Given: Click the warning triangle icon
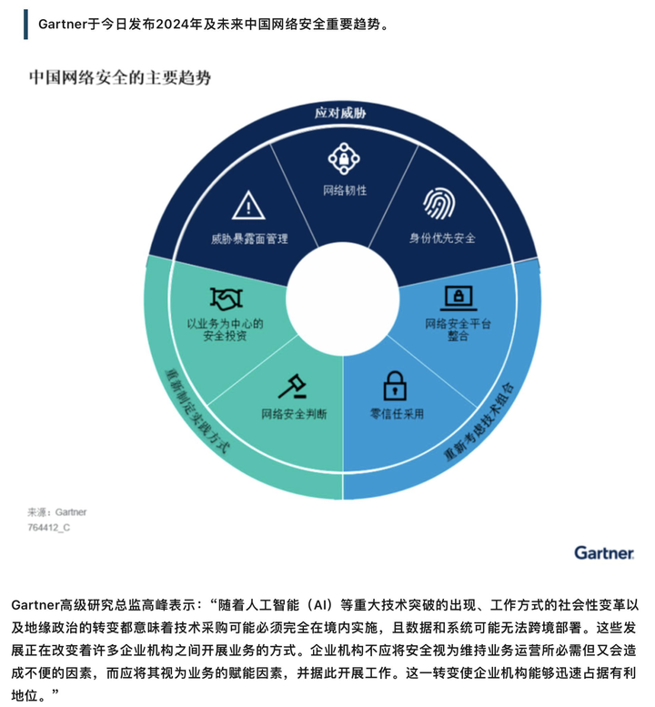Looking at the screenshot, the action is click(x=248, y=205).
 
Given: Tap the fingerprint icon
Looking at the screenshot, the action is click(x=438, y=203).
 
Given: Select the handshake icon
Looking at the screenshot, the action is click(x=227, y=298).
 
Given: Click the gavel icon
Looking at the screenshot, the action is click(x=292, y=387).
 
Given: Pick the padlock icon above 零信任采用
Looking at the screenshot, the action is click(x=395, y=386).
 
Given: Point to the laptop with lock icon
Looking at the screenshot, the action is click(x=458, y=298).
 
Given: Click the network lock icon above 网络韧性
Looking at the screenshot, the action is click(x=344, y=158).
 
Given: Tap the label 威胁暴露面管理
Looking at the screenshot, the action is click(x=249, y=238).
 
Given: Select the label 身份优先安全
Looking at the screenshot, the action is click(x=442, y=237).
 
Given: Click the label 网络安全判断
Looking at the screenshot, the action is click(x=294, y=413).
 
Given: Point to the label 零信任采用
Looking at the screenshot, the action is click(x=397, y=413).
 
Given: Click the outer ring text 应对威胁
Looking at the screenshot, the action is click(x=340, y=113).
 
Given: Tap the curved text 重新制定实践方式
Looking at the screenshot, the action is click(x=197, y=410).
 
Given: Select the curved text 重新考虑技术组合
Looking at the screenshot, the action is click(x=479, y=421).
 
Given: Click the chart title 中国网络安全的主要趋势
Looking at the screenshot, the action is click(x=120, y=77).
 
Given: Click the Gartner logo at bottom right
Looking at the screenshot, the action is click(x=604, y=553).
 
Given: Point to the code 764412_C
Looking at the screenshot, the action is click(x=49, y=527).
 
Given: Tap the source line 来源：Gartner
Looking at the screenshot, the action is click(x=56, y=511).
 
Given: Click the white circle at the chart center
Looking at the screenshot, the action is click(x=343, y=299).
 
